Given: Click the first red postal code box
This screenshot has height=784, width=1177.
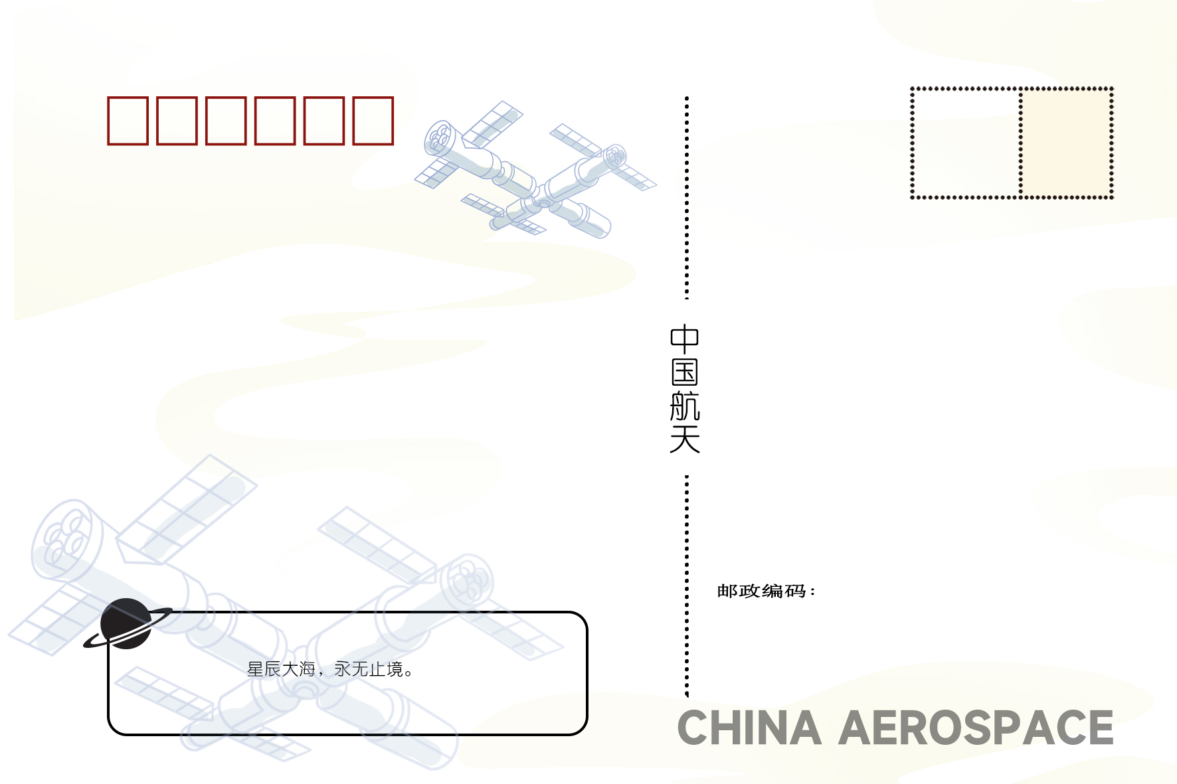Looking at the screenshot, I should [128, 120].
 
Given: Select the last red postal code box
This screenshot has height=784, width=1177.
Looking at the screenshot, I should [373, 120].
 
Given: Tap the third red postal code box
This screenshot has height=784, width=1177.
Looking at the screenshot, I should [226, 120].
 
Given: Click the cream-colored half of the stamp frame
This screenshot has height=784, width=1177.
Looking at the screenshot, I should [1066, 143].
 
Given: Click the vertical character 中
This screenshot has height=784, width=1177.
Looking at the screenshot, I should [684, 339].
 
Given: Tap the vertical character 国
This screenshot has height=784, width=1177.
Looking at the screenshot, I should [684, 372].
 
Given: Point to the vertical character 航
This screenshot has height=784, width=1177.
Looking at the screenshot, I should [684, 406].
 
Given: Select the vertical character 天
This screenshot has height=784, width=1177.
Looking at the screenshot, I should [684, 439].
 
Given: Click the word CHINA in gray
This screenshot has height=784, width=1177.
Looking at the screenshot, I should [749, 728].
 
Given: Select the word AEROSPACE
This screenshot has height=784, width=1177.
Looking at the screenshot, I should [976, 728].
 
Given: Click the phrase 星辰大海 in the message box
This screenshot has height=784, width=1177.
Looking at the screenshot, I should [281, 669].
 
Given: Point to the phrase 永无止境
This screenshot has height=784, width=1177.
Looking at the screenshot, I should [369, 669].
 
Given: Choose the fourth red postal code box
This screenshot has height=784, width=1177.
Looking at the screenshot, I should [275, 120].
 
